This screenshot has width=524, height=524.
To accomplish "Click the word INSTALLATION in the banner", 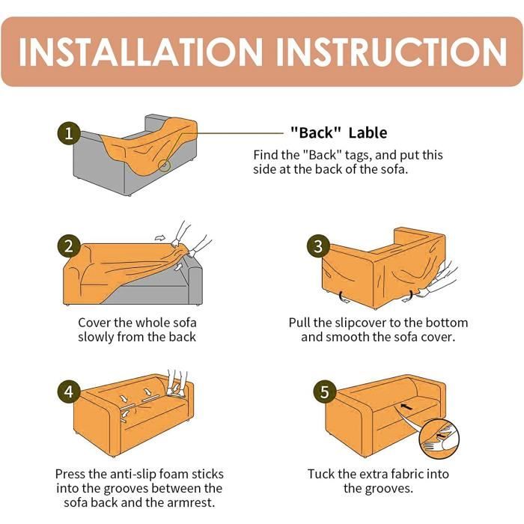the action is (141, 52).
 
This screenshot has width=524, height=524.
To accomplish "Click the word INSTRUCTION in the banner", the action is (392, 52).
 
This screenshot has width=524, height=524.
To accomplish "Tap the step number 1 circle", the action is (69, 133).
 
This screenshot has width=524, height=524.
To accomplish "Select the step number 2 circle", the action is (69, 246).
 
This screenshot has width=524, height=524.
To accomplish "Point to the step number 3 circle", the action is (318, 246).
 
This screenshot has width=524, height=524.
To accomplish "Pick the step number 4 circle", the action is (69, 392).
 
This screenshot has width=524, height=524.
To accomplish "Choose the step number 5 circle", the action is (324, 392).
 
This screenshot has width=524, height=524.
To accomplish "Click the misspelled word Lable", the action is (368, 133).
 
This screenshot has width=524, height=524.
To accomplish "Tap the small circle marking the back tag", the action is (164, 165).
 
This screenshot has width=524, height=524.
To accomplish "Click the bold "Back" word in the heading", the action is (315, 133).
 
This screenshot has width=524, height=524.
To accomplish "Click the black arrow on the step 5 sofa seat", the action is (406, 406).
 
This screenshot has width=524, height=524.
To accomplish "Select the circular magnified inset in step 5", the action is (439, 439).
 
